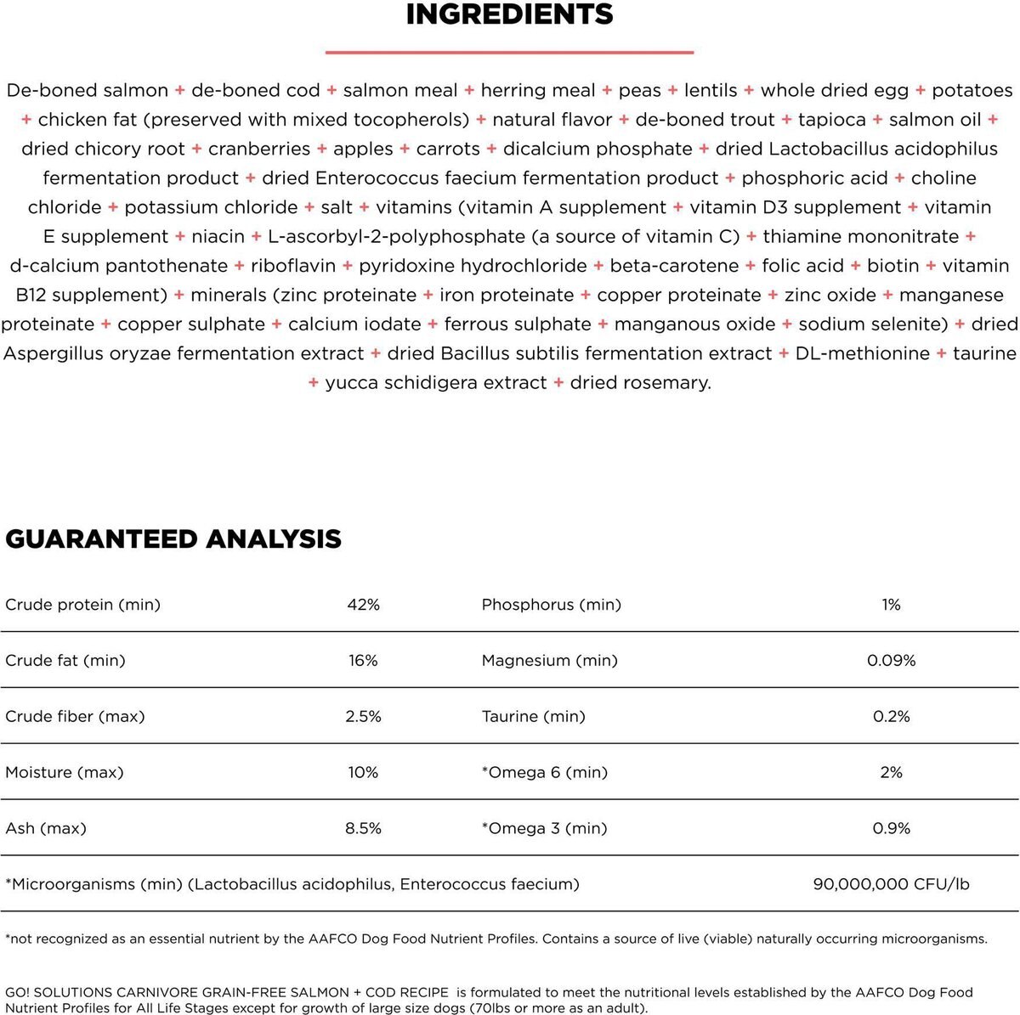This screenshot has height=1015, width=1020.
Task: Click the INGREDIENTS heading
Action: pos(509,14)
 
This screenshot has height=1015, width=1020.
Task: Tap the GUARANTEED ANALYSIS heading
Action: pos(173,539)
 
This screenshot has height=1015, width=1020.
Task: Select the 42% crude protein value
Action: pos(363,605)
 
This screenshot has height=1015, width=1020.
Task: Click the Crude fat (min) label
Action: pos(65,661)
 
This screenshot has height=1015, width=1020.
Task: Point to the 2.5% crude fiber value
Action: pos(363,717)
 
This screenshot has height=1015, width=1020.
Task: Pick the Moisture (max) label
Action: pos(65,773)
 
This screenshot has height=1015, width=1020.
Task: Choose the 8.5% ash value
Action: pos(363,829)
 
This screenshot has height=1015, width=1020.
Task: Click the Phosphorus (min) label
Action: pos(551,605)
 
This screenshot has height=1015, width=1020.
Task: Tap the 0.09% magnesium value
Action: pos(891,661)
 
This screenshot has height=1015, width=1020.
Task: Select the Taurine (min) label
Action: pos(533,717)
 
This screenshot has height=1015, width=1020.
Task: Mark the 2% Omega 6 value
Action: pos(891,773)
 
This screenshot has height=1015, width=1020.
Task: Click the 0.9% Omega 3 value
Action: pos(891,829)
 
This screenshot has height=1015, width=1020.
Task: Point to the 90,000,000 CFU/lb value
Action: pos(891,884)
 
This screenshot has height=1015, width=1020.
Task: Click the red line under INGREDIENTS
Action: pos(509,53)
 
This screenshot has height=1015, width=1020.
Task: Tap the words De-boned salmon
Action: pos(87,91)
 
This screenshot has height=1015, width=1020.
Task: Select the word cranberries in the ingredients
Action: pos(259,149)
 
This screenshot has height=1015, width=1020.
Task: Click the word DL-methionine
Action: pos(862,354)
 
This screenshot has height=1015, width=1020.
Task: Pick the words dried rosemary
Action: pos(640,383)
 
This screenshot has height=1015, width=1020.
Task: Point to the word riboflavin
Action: pos(293,267)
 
